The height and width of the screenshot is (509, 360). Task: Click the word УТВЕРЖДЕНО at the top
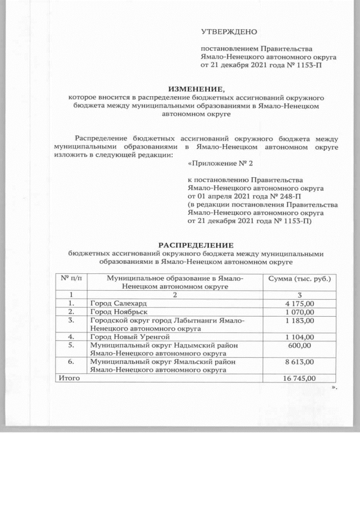[x=225, y=31]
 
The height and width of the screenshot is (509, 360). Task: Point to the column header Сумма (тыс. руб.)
[x=299, y=279]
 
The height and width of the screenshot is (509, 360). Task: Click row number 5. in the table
[x=71, y=345]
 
